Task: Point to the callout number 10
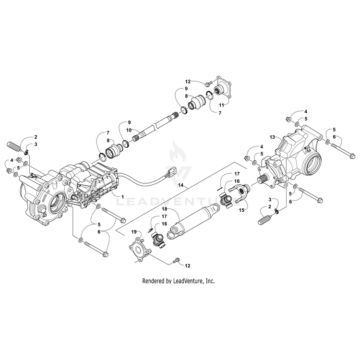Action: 128,130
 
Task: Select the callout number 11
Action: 221,104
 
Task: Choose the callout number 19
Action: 134,231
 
